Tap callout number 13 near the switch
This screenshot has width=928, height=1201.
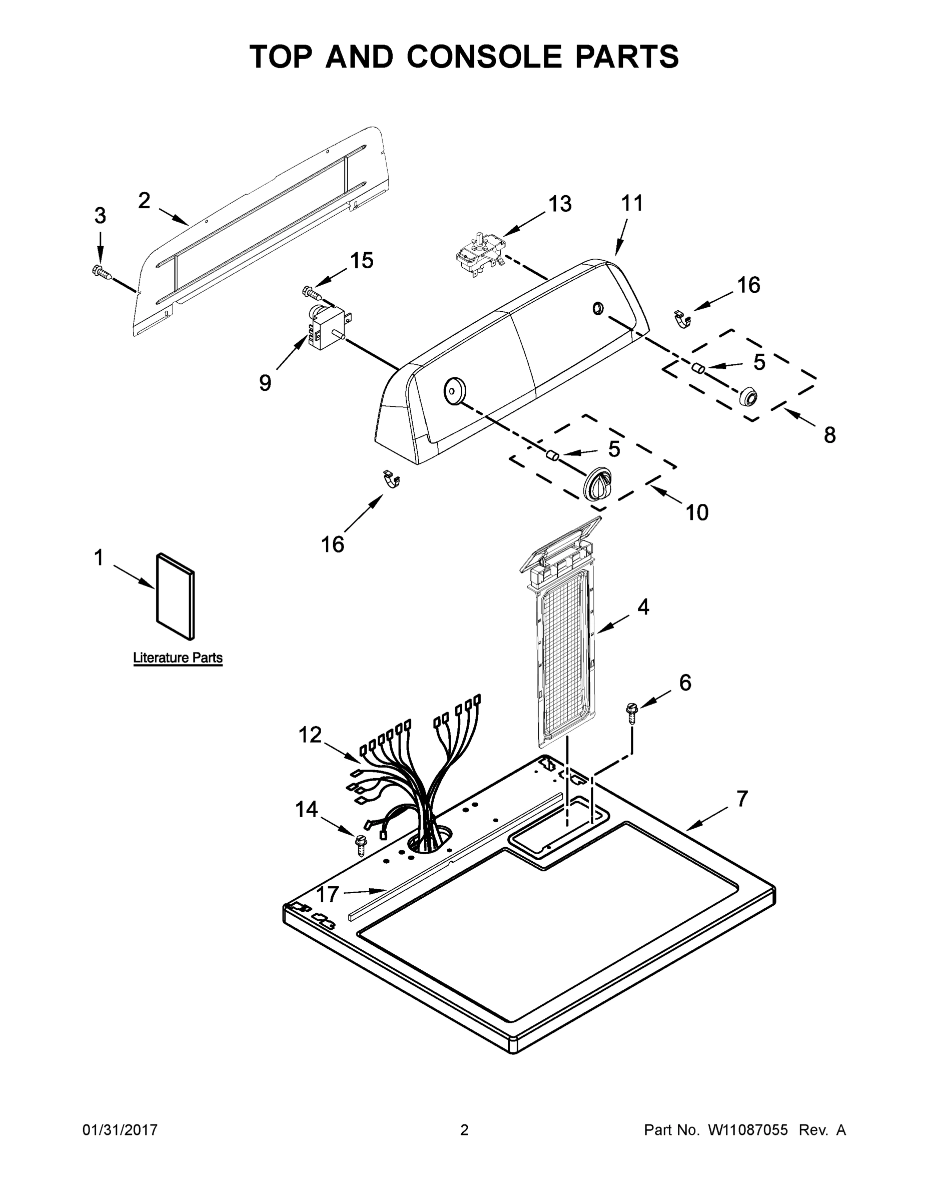coord(560,204)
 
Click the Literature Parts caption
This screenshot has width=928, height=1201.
coord(178,658)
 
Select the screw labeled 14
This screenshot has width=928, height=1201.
coord(361,844)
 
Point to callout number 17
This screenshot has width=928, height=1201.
coord(327,895)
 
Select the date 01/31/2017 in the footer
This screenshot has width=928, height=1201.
coord(120,1130)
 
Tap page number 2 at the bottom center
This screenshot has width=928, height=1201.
coord(464,1130)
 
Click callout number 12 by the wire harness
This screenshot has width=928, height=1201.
coord(310,735)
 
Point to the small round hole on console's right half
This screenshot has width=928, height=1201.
coord(598,308)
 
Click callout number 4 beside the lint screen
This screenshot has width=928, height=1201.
coord(643,607)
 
